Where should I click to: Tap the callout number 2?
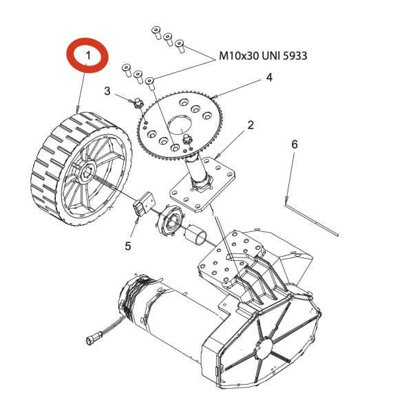(x=251, y=125)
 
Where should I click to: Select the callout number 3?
(x=107, y=91)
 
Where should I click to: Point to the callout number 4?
(x=269, y=77)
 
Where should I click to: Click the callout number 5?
(x=128, y=246)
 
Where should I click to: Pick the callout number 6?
(x=295, y=145)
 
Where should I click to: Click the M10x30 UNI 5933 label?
(x=263, y=56)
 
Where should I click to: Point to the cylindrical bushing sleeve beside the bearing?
(x=196, y=235)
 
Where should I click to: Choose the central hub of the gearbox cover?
(x=264, y=348)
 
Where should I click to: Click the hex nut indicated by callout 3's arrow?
(x=138, y=103)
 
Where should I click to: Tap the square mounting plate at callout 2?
(x=203, y=184)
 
